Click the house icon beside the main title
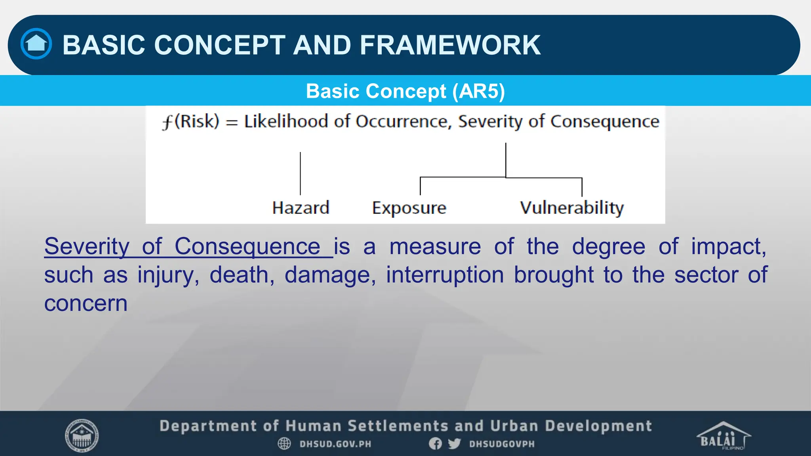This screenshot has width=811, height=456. [x=36, y=44]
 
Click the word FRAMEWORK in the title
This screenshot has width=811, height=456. [x=450, y=45]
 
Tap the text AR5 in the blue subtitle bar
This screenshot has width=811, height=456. [x=479, y=91]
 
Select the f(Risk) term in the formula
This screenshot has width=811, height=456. [x=190, y=121]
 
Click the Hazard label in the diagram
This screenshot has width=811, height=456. [x=301, y=208]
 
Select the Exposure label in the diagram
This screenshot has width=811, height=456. [x=409, y=208]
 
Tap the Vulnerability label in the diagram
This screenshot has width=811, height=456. [x=572, y=208]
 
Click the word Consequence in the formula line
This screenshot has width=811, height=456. [x=605, y=121]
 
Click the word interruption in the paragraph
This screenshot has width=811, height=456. [x=445, y=275]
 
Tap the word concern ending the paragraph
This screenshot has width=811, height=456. [x=86, y=304]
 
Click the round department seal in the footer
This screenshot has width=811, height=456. [x=82, y=435]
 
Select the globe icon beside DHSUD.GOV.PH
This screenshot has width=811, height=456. [x=284, y=444]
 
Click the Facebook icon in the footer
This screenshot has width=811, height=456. [x=435, y=444]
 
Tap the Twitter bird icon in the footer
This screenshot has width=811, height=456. [x=454, y=444]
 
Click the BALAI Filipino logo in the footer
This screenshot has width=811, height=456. [x=723, y=436]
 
